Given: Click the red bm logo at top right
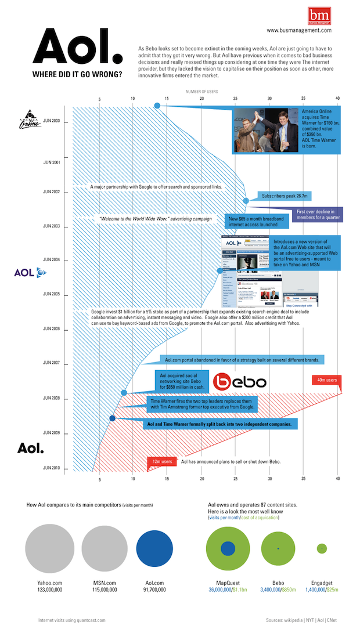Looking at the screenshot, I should click(x=319, y=14).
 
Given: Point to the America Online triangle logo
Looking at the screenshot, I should click(x=28, y=117).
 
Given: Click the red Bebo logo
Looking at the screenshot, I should click(x=239, y=381).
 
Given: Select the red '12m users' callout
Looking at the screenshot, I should click(x=162, y=461).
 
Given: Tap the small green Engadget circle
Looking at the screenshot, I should click(x=322, y=548).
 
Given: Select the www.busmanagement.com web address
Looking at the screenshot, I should click(x=299, y=30).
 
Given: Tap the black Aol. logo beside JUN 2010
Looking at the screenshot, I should click(x=30, y=449).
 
